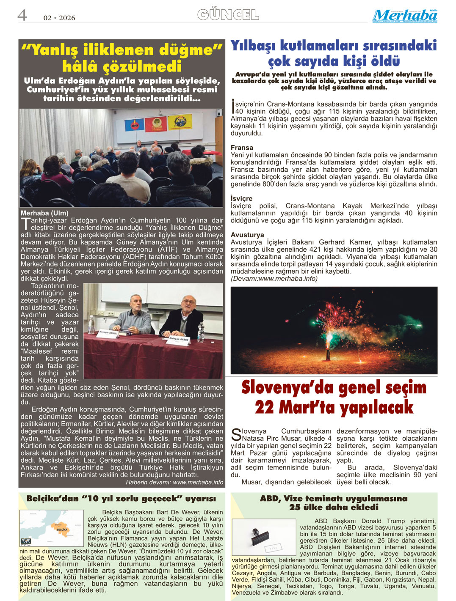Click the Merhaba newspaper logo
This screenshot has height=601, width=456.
(404, 16)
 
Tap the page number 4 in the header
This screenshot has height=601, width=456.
(22, 16)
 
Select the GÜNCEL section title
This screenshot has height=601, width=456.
(228, 15)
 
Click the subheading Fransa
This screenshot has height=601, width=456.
(242, 148)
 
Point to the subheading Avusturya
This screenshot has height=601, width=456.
(247, 235)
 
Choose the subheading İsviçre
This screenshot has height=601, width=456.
(241, 198)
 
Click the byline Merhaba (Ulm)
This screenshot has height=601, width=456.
(44, 213)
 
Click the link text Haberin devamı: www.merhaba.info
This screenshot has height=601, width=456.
(174, 482)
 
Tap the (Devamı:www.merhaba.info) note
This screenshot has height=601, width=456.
(274, 278)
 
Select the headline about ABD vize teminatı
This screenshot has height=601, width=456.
(334, 502)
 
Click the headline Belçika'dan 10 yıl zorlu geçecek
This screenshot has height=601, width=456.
(121, 499)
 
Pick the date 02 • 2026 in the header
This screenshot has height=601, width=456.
(59, 18)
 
